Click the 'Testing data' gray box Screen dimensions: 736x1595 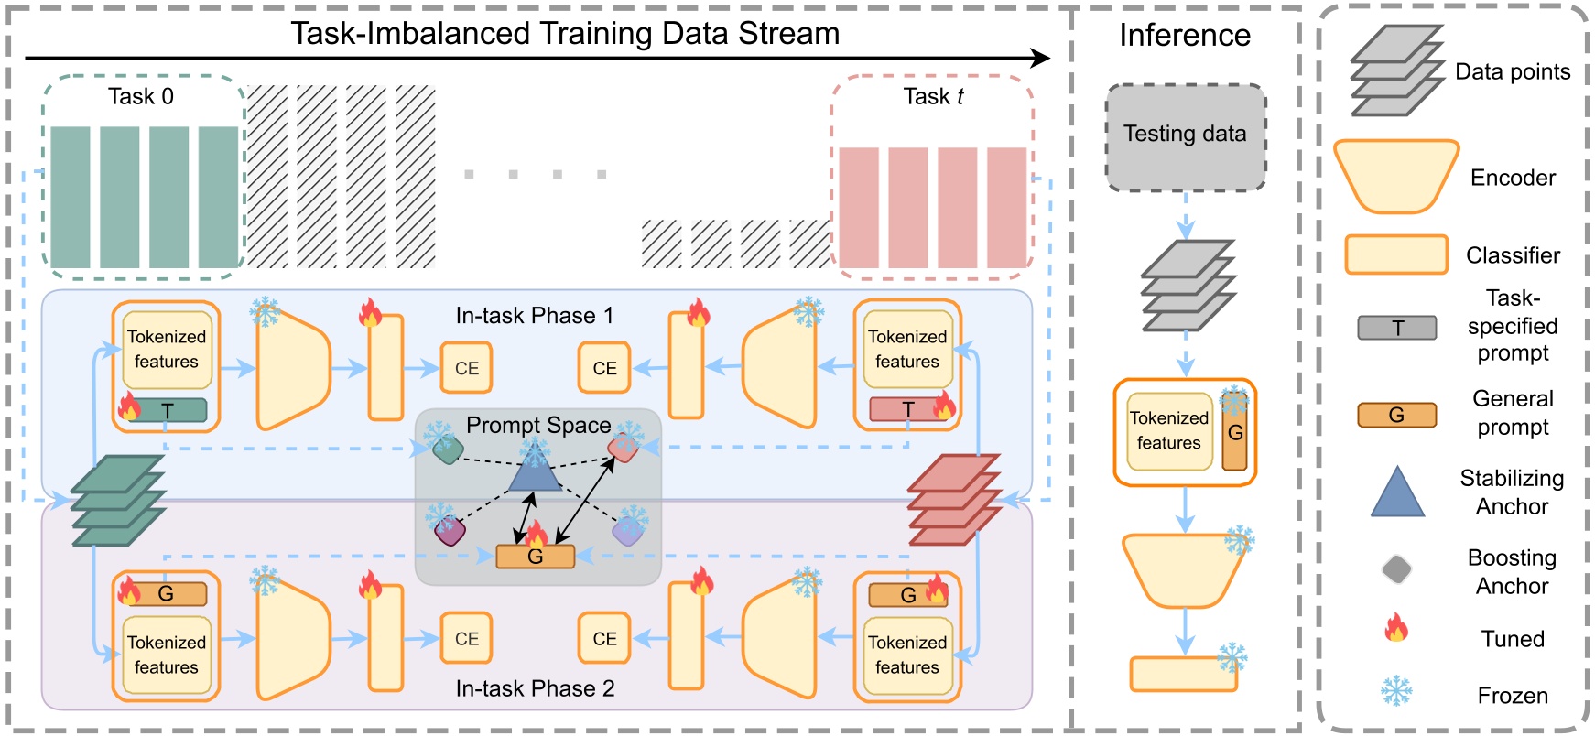pos(1185,135)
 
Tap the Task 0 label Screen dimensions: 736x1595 pos(140,96)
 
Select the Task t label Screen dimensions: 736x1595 pos(932,96)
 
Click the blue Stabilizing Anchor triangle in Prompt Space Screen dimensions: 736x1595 pos(535,471)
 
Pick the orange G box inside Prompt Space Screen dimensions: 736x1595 pos(535,556)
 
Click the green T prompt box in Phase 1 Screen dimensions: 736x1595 pos(168,410)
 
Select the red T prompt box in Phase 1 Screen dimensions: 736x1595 pos(906,409)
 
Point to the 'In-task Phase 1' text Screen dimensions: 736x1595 pos(535,316)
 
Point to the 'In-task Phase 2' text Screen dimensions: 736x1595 pos(535,688)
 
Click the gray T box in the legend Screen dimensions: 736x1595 pos(1396,328)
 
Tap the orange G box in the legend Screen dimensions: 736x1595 pos(1396,415)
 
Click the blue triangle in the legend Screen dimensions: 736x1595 pos(1397,494)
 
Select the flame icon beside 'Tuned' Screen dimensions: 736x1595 pos(1395,629)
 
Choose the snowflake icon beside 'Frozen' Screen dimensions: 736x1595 pos(1395,690)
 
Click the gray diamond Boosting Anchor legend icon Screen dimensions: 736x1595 pos(1396,569)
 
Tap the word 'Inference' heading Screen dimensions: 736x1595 pos(1184,35)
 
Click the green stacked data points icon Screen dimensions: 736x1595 pos(118,500)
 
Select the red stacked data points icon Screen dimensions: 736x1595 pos(953,500)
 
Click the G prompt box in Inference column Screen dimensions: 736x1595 pos(1234,434)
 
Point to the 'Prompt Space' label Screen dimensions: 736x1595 pos(537,425)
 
